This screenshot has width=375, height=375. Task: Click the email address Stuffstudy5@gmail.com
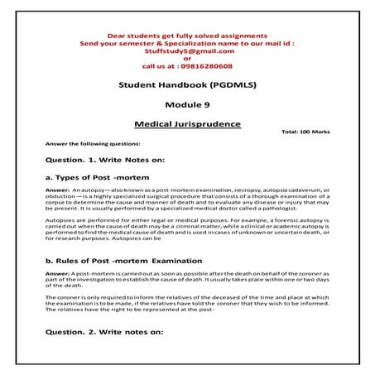[x=186, y=51]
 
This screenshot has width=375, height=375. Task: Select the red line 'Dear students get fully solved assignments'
[x=186, y=36]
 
